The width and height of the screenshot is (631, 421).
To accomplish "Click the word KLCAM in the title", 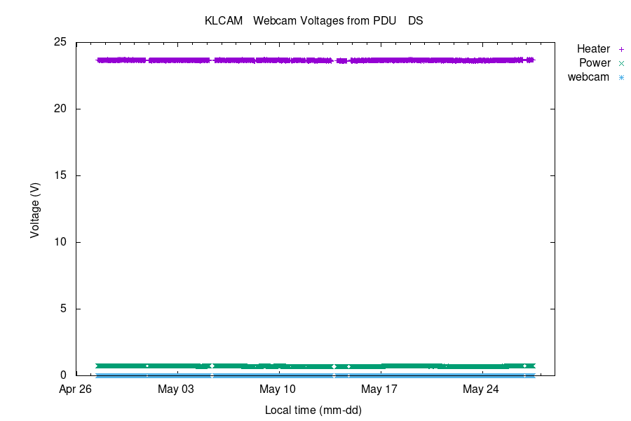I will (x=223, y=21).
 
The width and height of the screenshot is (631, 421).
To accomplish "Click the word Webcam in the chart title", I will (x=273, y=21).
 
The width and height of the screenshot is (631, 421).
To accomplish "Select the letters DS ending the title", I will (x=416, y=21).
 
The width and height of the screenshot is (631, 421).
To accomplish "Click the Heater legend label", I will (x=593, y=49).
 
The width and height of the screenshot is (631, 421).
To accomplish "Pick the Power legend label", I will (x=595, y=63).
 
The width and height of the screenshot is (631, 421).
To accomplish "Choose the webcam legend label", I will (x=588, y=77).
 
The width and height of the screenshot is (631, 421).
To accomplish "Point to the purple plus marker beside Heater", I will (x=621, y=49).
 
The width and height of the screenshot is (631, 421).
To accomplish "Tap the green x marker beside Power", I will (x=621, y=63).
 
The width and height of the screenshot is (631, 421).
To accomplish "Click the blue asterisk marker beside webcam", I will (x=621, y=77).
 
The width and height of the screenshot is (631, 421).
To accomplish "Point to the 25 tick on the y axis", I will (x=60, y=42).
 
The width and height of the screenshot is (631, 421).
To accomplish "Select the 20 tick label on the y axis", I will (x=60, y=109).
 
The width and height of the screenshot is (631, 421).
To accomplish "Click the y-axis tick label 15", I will (x=60, y=175).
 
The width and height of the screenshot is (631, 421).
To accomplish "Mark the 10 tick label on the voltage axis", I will (x=60, y=242).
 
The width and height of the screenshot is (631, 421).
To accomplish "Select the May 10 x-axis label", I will (x=278, y=389).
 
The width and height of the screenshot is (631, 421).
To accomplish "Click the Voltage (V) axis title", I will (x=35, y=209).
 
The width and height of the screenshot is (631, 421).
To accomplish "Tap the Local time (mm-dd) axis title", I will (x=313, y=410).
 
